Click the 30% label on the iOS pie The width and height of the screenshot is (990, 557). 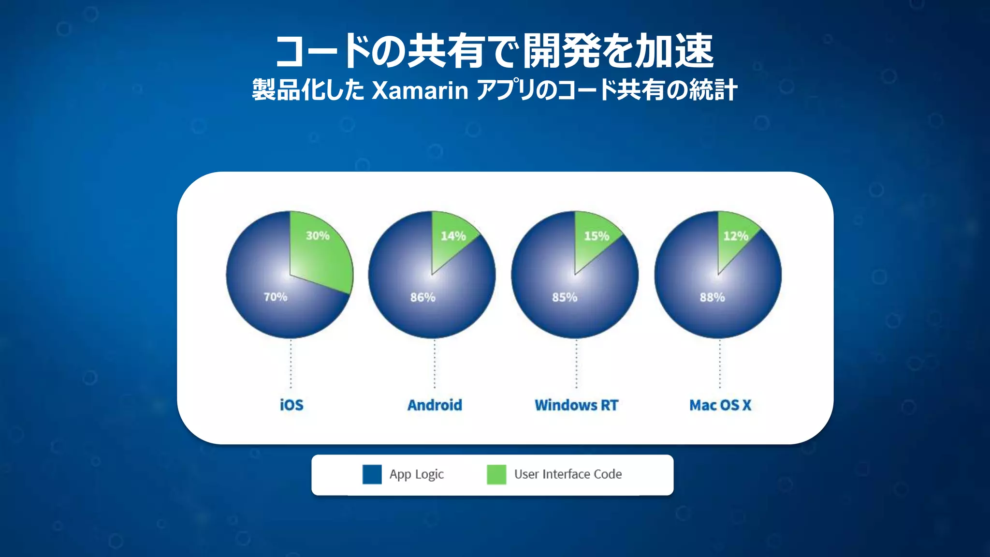pyautogui.click(x=318, y=236)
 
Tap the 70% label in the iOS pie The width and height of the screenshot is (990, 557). pyautogui.click(x=276, y=297)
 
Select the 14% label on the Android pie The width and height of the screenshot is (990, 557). pyautogui.click(x=453, y=236)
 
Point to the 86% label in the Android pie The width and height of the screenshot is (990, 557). pyautogui.click(x=422, y=297)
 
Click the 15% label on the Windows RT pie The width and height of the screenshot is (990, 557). pyautogui.click(x=597, y=236)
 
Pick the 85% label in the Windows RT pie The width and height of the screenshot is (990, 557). pyautogui.click(x=565, y=297)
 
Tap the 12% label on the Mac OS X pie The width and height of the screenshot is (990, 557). pyautogui.click(x=735, y=236)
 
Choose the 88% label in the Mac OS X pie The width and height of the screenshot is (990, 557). pyautogui.click(x=712, y=297)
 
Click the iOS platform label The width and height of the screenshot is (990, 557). pyautogui.click(x=291, y=405)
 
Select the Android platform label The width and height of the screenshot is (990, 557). pyautogui.click(x=435, y=405)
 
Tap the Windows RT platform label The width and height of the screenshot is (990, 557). pyautogui.click(x=576, y=405)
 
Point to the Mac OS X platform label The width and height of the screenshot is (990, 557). pyautogui.click(x=720, y=405)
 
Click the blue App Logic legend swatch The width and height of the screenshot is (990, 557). pyautogui.click(x=372, y=474)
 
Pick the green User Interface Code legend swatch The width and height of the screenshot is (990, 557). pyautogui.click(x=496, y=474)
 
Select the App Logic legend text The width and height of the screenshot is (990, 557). pyautogui.click(x=417, y=474)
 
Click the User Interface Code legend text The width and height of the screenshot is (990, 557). pyautogui.click(x=568, y=474)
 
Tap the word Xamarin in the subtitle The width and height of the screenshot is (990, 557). pyautogui.click(x=420, y=90)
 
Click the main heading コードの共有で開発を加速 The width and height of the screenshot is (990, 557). pyautogui.click(x=495, y=51)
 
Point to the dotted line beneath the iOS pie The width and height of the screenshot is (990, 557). pyautogui.click(x=291, y=364)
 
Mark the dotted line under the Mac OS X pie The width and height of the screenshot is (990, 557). pyautogui.click(x=720, y=364)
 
